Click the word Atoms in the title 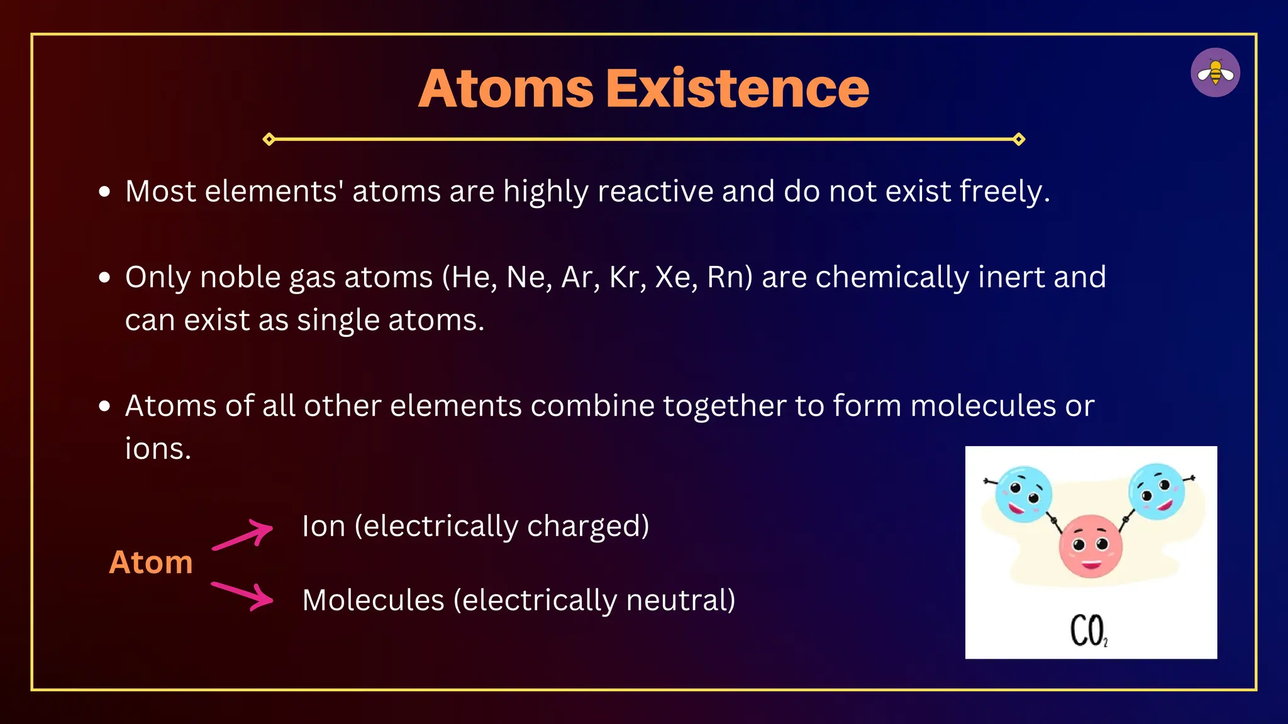(506, 89)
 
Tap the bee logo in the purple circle (1215, 73)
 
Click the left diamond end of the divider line (269, 139)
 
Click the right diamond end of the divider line (1019, 139)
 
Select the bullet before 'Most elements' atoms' (105, 192)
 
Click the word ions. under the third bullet (158, 449)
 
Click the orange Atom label (151, 562)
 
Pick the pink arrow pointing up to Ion (243, 535)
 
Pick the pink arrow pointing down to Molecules (243, 595)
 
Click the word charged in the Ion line (587, 526)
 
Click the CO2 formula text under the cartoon (1089, 631)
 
